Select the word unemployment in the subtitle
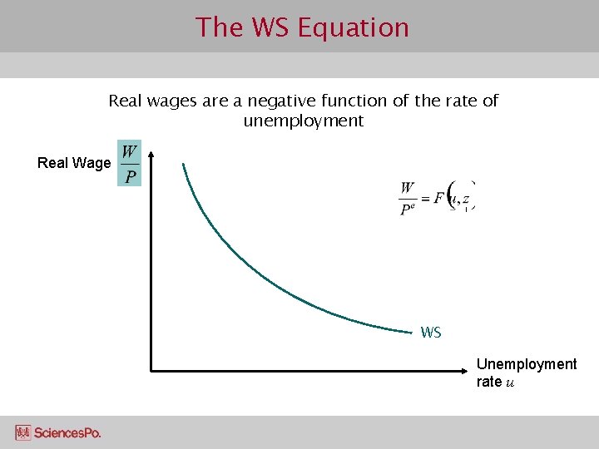tap(304, 121)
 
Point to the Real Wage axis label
tap(74, 163)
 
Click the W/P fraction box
tap(130, 163)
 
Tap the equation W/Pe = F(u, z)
tap(437, 198)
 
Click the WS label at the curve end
tap(431, 333)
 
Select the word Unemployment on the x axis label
tap(526, 364)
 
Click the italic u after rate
tap(510, 382)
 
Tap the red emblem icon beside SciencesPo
tap(23, 432)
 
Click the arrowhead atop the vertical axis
tap(152, 155)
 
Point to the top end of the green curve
tap(184, 165)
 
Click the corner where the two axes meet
tap(152, 369)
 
